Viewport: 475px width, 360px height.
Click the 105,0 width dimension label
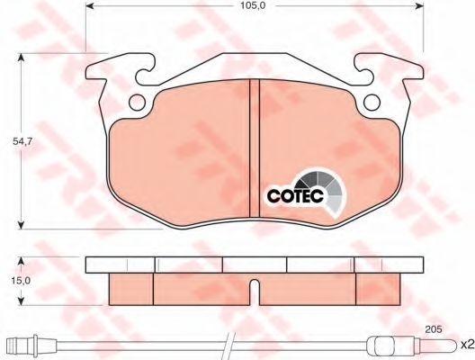(x=253, y=5)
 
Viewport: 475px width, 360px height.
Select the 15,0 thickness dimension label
(x=21, y=281)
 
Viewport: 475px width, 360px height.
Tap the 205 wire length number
(x=434, y=328)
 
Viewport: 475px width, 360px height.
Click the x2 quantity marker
(x=467, y=344)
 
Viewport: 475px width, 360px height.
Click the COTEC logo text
(x=295, y=195)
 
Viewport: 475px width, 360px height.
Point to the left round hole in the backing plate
(x=137, y=103)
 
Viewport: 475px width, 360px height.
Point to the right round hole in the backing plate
(x=372, y=103)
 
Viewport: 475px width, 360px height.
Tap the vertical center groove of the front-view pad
(x=255, y=148)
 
